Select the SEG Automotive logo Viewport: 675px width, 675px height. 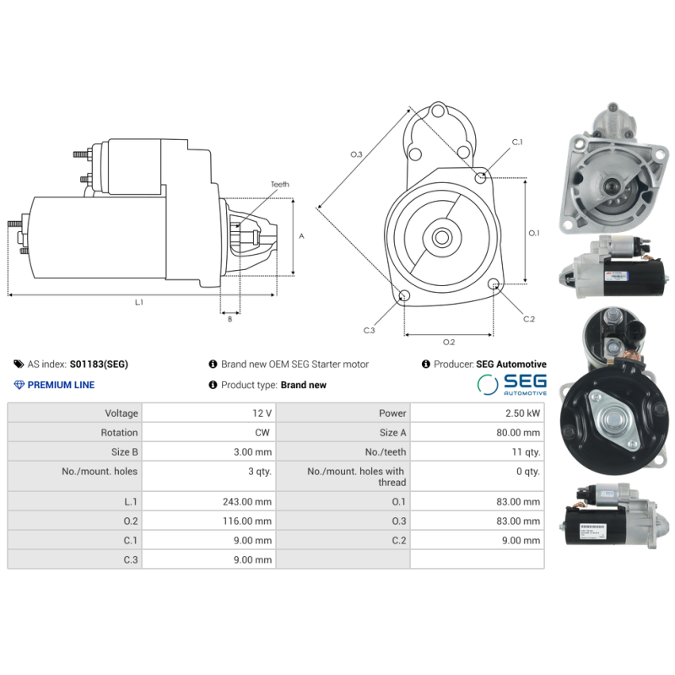(511, 385)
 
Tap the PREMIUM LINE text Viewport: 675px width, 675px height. (61, 385)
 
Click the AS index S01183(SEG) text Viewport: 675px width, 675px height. (99, 364)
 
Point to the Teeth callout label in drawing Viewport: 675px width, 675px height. (279, 184)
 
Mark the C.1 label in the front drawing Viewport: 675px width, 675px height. (516, 142)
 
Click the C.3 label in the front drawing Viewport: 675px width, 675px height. (369, 330)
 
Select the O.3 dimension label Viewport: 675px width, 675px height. (356, 154)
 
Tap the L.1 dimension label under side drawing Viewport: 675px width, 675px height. (139, 302)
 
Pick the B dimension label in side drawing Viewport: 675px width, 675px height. (229, 319)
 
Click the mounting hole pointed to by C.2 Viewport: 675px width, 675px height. (494, 287)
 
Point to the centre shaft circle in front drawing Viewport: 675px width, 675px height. (441, 238)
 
